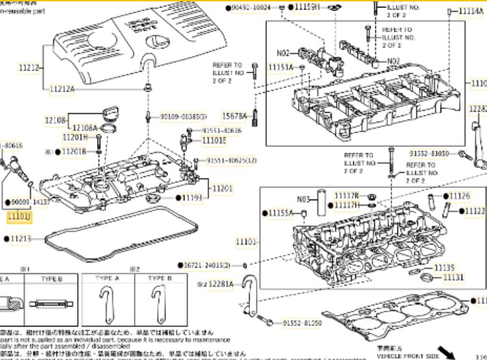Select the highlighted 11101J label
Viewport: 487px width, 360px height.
pos(19,216)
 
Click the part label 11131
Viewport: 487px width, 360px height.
pos(452,277)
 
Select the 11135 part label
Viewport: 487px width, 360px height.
pos(444,267)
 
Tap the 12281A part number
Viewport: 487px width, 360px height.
pos(219,283)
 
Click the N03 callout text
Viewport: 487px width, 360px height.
pos(304,200)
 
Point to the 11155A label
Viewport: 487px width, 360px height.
pos(281,213)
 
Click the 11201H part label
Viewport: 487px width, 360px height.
pos(76,137)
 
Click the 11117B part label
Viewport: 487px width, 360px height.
pos(346,196)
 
